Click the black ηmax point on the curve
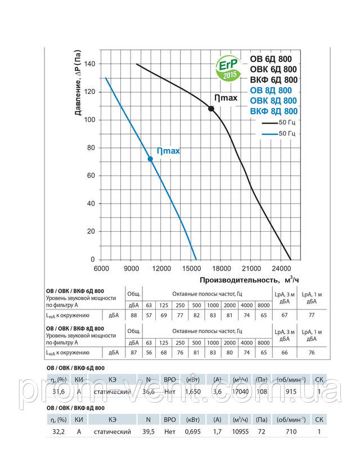tap(211, 108)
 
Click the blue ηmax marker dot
tap(150, 159)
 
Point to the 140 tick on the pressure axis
tap(89, 64)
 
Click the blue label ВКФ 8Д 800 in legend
tap(273, 111)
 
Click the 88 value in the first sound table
tap(134, 315)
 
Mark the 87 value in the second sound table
tap(134, 353)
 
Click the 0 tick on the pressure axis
tap(93, 260)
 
